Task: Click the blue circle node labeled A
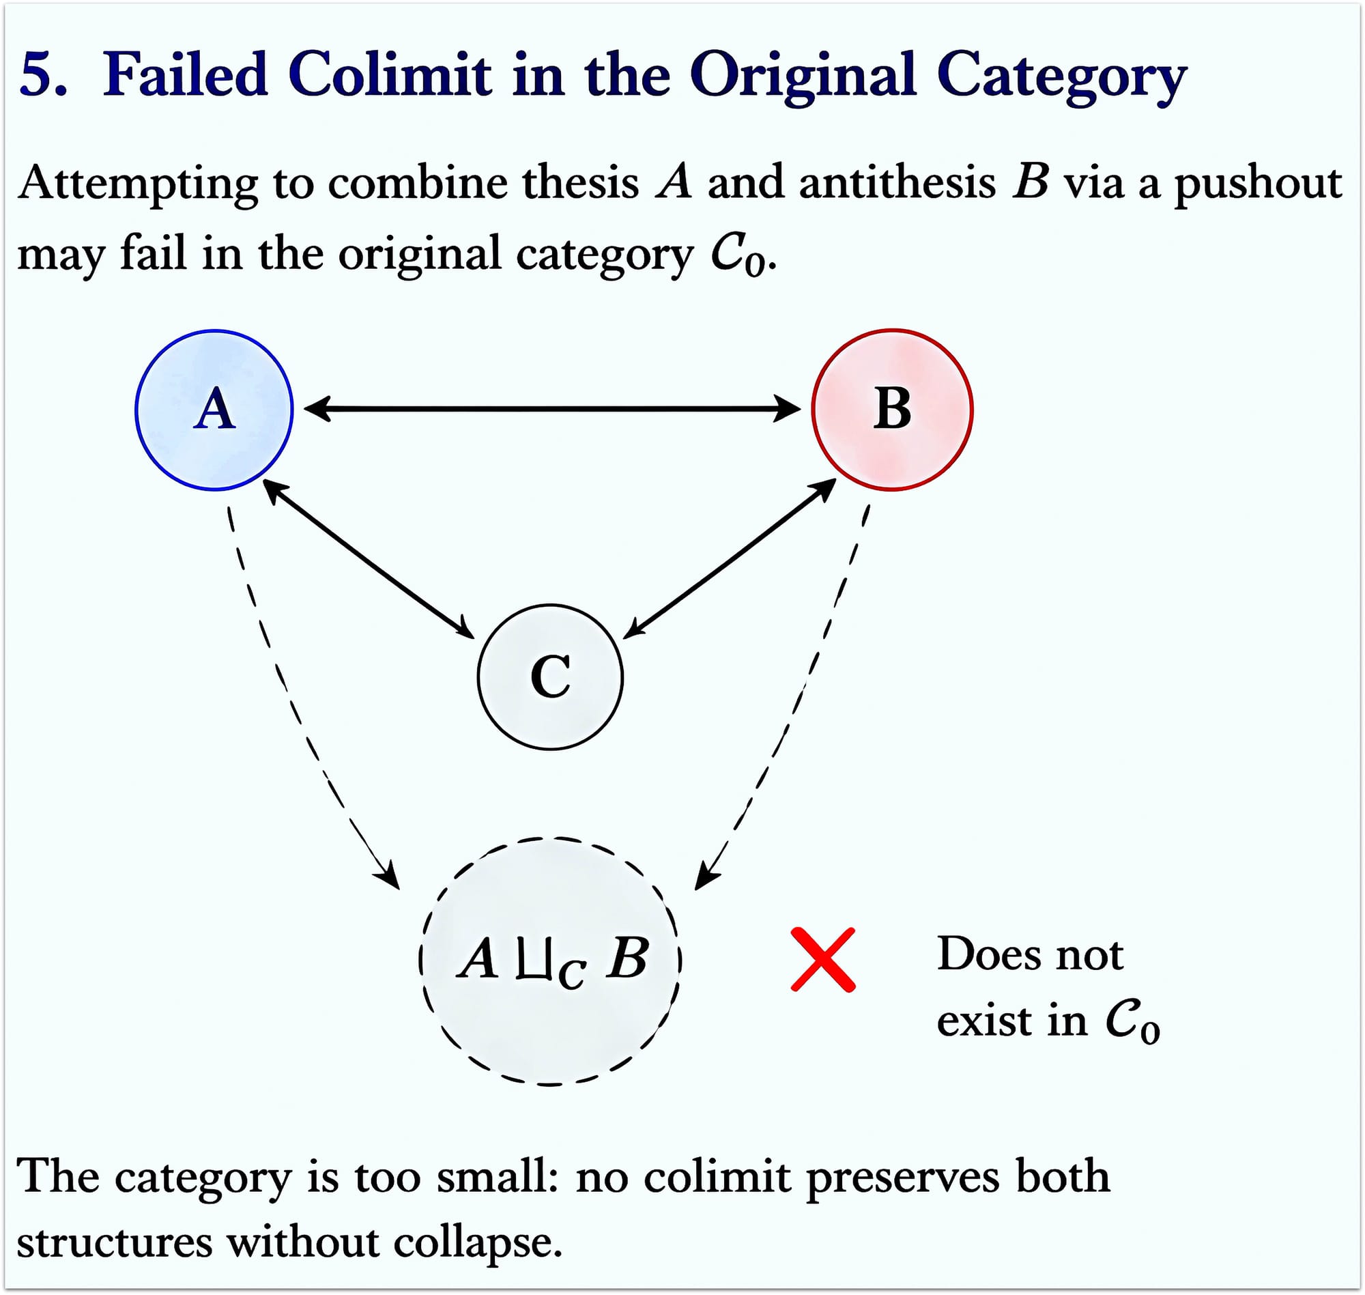click(x=214, y=410)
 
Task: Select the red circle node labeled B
click(x=892, y=410)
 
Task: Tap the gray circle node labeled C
click(x=550, y=677)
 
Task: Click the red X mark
click(x=822, y=960)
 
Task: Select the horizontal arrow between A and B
click(x=552, y=409)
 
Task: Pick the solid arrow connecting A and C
click(x=369, y=559)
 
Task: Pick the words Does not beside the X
click(x=1030, y=954)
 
